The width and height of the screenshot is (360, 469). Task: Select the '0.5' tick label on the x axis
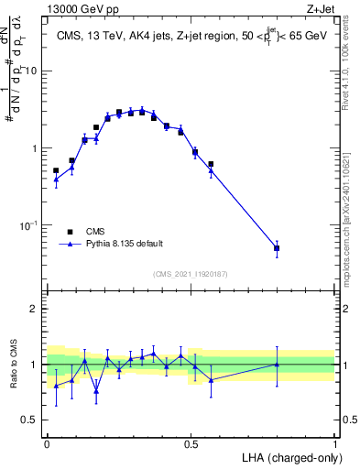tap(191, 442)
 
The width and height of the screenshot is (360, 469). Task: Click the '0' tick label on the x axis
tap(47, 442)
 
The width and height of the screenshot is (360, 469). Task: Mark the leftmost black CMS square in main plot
tap(56, 170)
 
